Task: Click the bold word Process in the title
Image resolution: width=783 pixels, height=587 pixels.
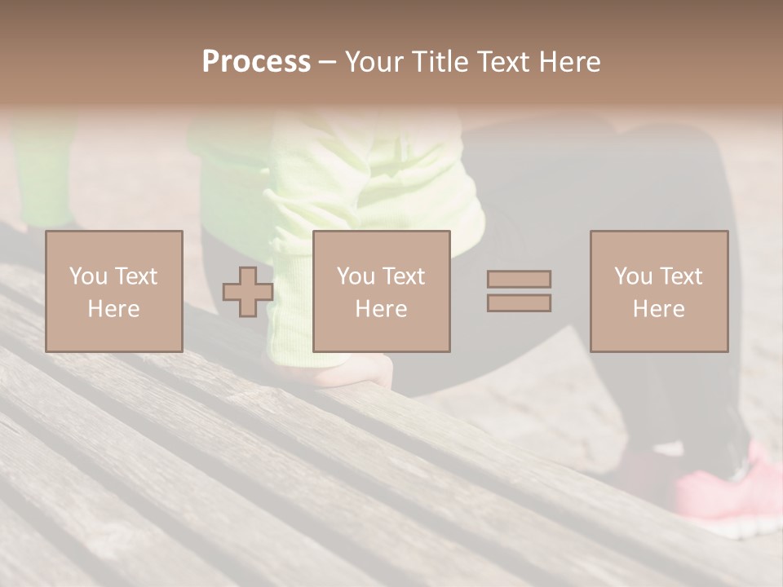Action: coord(256,62)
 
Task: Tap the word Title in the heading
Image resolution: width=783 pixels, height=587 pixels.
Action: coord(440,62)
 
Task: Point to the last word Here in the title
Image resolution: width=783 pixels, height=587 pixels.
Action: coord(570,62)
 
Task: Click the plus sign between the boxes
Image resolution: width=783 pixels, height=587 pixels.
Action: coord(248,291)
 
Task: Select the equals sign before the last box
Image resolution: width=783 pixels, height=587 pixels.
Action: coord(519,291)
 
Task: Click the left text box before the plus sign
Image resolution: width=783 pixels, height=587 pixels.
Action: coord(114,291)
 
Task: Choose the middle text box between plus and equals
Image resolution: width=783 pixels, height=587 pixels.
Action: coord(382,291)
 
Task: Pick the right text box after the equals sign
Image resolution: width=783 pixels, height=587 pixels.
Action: coord(659,291)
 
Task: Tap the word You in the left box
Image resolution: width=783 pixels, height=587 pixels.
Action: coord(87,276)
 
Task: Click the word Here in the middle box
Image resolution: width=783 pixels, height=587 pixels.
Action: coord(382,309)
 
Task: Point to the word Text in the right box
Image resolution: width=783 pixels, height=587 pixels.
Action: coord(680,276)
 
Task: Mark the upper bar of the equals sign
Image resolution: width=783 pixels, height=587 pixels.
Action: coord(519,279)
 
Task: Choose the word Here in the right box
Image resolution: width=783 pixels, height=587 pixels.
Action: coord(659,309)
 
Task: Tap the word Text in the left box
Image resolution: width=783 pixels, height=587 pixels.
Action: coord(135,276)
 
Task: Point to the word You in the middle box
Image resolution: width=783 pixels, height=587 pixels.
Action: coord(355,276)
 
